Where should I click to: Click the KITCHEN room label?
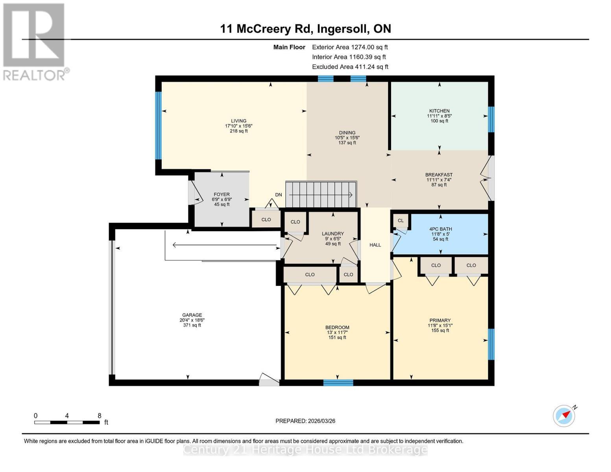[439, 111]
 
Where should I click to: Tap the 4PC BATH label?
[440, 229]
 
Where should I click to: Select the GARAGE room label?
[192, 315]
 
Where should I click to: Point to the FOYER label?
[222, 194]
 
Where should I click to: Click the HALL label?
[375, 245]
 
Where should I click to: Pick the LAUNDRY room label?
[332, 234]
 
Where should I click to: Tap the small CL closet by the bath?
[401, 221]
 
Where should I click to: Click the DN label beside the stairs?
[279, 195]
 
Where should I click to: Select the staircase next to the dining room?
[321, 194]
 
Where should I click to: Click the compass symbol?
[564, 416]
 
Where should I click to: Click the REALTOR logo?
[35, 41]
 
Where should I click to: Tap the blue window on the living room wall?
[158, 125]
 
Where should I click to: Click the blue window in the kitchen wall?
[491, 119]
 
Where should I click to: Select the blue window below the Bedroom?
[338, 382]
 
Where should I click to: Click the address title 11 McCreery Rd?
[305, 29]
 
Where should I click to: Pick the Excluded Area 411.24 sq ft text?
[350, 67]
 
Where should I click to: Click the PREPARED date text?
[305, 421]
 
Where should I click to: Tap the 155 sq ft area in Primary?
[440, 330]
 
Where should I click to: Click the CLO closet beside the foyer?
[266, 219]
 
